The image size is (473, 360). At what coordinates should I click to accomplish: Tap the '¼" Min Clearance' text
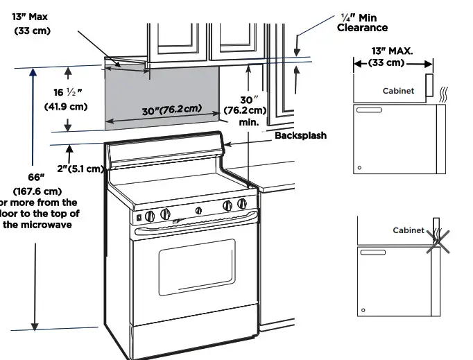(362, 22)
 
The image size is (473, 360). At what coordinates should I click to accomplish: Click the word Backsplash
(300, 135)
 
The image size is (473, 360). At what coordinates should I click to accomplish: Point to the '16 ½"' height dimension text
(67, 92)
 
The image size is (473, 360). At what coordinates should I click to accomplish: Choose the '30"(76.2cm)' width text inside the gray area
(171, 110)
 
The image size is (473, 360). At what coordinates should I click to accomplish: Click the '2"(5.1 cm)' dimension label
(80, 169)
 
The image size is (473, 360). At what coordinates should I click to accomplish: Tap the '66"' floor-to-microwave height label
(30, 178)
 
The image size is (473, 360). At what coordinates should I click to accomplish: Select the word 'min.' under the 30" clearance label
(248, 122)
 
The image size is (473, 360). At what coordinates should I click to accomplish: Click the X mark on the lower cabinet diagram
(436, 239)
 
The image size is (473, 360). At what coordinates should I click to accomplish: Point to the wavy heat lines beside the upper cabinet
(445, 94)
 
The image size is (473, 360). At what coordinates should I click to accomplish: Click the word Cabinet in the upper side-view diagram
(398, 91)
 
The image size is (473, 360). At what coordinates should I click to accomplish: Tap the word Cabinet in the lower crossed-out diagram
(408, 230)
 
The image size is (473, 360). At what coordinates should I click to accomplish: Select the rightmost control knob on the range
(242, 204)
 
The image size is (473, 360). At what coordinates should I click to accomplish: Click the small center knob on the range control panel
(198, 210)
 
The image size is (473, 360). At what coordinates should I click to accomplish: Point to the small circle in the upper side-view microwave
(359, 167)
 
